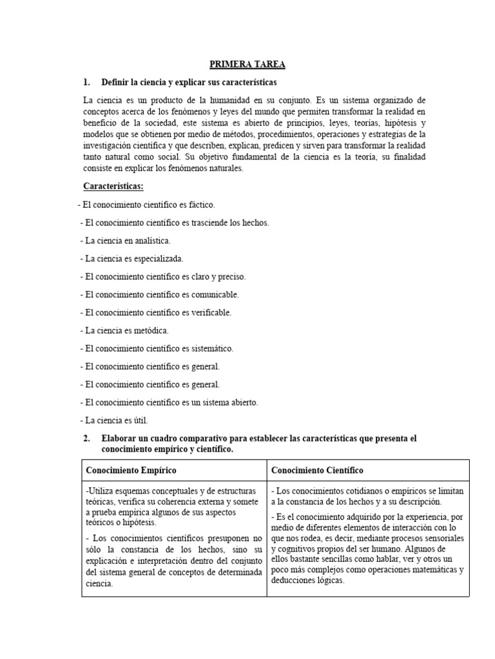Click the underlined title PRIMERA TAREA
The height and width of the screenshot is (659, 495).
pos(247,64)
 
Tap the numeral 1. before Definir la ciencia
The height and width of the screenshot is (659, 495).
pos(87,83)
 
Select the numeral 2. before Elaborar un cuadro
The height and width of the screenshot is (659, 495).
pos(87,438)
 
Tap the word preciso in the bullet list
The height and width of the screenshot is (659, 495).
pos(232,277)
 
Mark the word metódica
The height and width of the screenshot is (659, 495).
pos(150,331)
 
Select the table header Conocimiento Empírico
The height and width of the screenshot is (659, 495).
pos(131,470)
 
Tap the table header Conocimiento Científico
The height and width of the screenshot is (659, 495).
pos(317,470)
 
